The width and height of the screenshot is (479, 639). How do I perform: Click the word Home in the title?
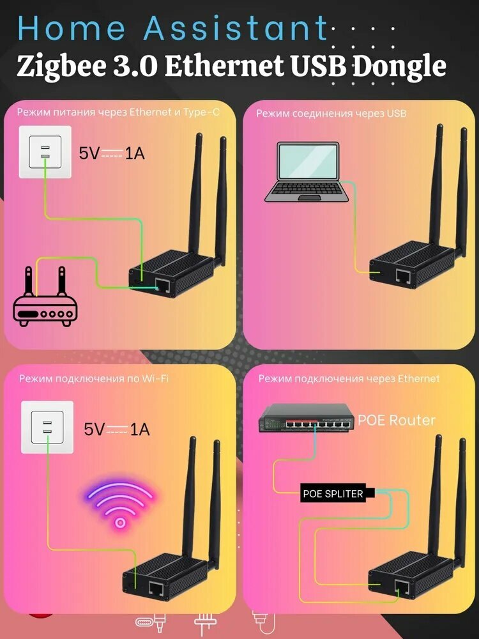point(72,28)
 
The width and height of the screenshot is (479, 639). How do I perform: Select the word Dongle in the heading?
point(399,66)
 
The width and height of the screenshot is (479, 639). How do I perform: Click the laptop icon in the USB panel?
point(307,171)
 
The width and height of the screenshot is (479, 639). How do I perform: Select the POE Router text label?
point(397,420)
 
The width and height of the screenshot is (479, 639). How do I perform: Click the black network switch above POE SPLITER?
point(307,418)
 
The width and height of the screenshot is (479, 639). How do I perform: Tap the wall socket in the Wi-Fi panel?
point(47,427)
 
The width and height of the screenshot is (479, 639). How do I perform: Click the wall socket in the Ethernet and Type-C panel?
point(45,151)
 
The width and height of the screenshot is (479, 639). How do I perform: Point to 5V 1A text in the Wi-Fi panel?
point(116,429)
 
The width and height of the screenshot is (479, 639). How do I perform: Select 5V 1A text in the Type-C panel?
point(112,153)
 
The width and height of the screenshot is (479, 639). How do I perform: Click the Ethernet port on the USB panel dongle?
point(402,276)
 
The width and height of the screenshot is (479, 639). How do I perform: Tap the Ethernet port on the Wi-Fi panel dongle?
point(156,589)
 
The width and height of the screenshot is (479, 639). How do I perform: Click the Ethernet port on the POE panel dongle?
point(402,588)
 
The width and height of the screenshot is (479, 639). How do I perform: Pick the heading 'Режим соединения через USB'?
point(331,114)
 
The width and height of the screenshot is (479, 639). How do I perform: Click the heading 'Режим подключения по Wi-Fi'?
point(93,378)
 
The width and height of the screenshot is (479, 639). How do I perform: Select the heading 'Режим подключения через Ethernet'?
point(349,378)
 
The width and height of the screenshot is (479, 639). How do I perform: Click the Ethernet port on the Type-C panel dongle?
point(162,285)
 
